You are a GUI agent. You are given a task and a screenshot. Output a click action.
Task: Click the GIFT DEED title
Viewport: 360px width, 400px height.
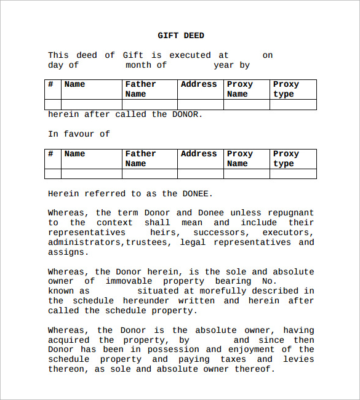[181, 36]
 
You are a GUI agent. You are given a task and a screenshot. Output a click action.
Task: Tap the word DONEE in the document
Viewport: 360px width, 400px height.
[196, 193]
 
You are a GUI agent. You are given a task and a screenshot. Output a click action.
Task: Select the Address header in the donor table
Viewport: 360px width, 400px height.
[199, 84]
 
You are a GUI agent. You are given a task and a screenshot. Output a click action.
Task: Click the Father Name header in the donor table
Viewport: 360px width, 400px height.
[140, 89]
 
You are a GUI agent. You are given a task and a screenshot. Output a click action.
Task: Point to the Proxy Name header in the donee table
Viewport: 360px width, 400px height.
[239, 159]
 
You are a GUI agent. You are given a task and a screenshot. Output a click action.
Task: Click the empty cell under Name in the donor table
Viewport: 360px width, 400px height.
[92, 105]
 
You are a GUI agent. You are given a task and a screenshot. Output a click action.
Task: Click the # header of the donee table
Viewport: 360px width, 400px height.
[51, 154]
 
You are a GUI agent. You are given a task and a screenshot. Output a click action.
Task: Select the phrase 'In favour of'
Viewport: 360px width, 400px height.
[79, 134]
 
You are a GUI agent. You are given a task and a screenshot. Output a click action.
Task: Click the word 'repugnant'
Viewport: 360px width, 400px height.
[291, 213]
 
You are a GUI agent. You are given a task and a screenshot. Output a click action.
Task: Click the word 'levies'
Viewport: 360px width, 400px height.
[299, 359]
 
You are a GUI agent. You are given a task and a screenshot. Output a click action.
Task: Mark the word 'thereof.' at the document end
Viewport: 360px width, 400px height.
[254, 369]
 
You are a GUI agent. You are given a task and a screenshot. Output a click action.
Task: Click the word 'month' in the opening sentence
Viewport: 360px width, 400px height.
[138, 65]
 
